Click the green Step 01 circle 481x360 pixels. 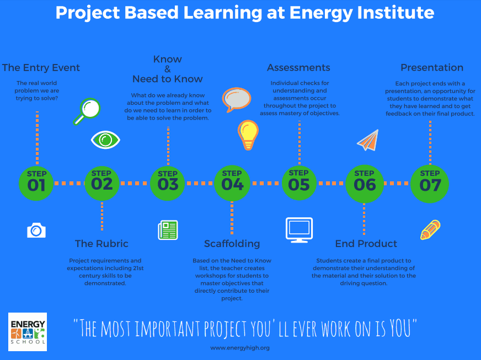coord(36,184)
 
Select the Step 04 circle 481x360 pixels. coord(232,184)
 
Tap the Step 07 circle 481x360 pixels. coord(430,184)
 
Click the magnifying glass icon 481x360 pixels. coord(87,111)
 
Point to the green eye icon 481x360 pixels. coord(105,140)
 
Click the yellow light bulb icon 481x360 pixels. coord(248,135)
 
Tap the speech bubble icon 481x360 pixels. coord(237,100)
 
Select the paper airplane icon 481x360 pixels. coord(368,141)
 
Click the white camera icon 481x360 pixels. coord(36,230)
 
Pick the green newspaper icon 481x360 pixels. coord(168,230)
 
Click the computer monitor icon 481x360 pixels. coord(299,230)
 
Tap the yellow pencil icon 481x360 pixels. coord(430,230)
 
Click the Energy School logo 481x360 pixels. coord(28,332)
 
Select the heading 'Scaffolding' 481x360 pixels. coord(232,244)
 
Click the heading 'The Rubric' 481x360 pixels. coord(101,244)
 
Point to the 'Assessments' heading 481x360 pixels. coord(298,67)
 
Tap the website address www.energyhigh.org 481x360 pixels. coord(240,348)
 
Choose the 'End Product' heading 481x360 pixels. coord(366,244)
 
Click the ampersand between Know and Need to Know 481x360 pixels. coord(168,69)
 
